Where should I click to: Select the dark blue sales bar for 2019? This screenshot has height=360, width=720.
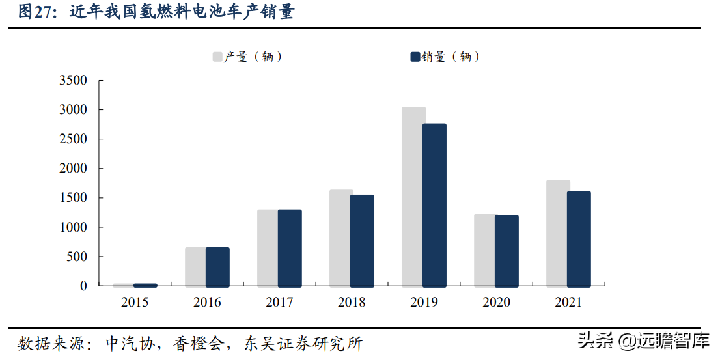point(434,205)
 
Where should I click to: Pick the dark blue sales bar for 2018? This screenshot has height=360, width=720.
point(362,241)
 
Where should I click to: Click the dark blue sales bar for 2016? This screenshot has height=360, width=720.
point(217,267)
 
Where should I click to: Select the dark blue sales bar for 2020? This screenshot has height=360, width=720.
point(506,251)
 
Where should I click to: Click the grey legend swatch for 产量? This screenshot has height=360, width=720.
point(217,57)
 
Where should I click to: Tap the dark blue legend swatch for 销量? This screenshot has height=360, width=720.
point(415,57)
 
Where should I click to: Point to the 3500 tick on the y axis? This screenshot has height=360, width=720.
point(73,81)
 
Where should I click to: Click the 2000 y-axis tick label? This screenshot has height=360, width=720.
point(73,169)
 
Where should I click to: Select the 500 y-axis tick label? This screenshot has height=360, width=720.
point(76,256)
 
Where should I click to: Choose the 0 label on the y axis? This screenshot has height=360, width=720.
point(83,286)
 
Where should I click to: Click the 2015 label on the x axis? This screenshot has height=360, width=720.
point(135,303)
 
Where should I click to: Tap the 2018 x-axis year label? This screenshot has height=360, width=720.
point(352,303)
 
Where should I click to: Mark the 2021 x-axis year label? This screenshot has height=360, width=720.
point(568,303)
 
